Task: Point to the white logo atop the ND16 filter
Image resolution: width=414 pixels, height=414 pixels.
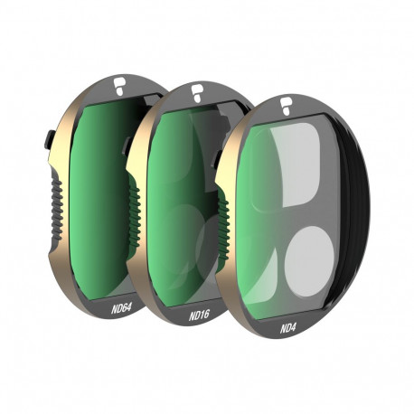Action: pyautogui.click(x=196, y=90)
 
